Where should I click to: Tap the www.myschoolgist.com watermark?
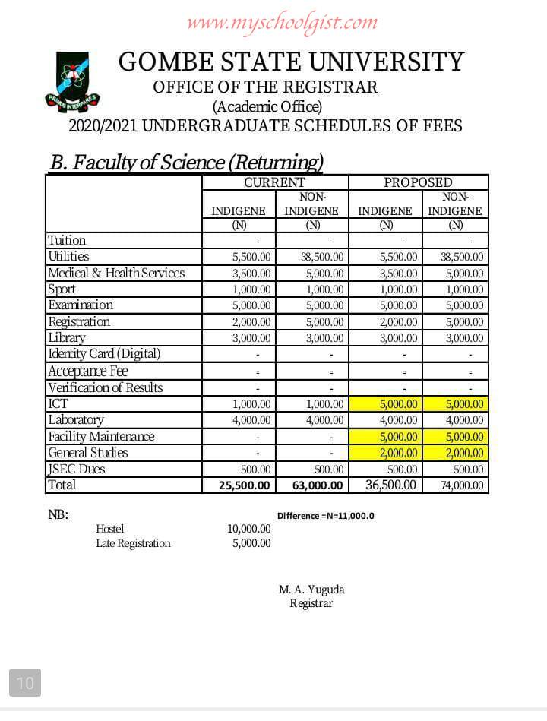click(x=282, y=22)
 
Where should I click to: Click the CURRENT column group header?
click(x=274, y=182)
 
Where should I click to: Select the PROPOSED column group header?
click(x=418, y=182)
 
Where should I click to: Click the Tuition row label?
click(x=67, y=240)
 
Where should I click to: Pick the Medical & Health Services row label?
click(x=115, y=273)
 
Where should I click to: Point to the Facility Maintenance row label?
click(x=101, y=436)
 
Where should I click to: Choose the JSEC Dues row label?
click(x=76, y=469)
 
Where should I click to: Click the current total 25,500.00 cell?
click(x=245, y=485)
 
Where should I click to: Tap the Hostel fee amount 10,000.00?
click(x=248, y=529)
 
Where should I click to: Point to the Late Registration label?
click(x=133, y=543)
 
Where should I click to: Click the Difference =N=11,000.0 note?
click(x=326, y=516)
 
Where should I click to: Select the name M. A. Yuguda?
click(x=311, y=590)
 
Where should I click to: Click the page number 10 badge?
click(x=25, y=683)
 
